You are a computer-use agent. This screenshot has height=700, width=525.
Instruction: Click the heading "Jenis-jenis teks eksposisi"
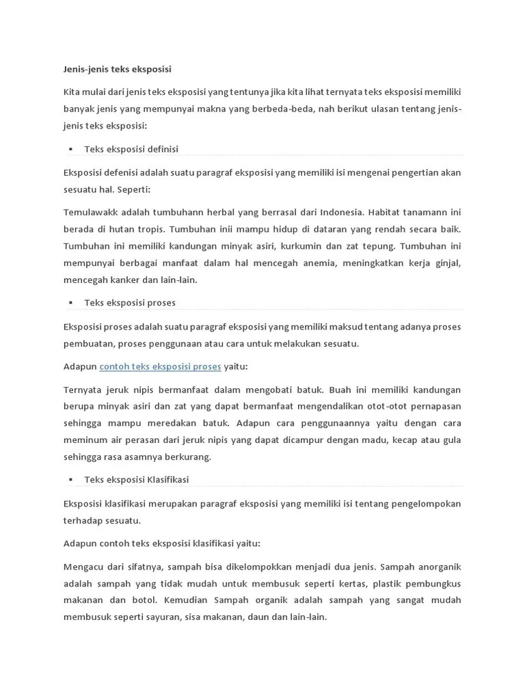click(x=117, y=69)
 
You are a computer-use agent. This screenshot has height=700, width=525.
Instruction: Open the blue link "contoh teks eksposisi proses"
click(x=160, y=366)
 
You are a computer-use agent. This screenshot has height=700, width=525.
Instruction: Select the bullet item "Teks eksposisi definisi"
click(x=131, y=149)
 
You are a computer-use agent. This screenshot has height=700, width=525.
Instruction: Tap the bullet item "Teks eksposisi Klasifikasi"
click(x=137, y=480)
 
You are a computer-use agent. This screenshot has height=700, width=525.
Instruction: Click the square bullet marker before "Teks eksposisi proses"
click(x=70, y=303)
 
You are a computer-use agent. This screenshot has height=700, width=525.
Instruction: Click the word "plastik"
click(x=391, y=584)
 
